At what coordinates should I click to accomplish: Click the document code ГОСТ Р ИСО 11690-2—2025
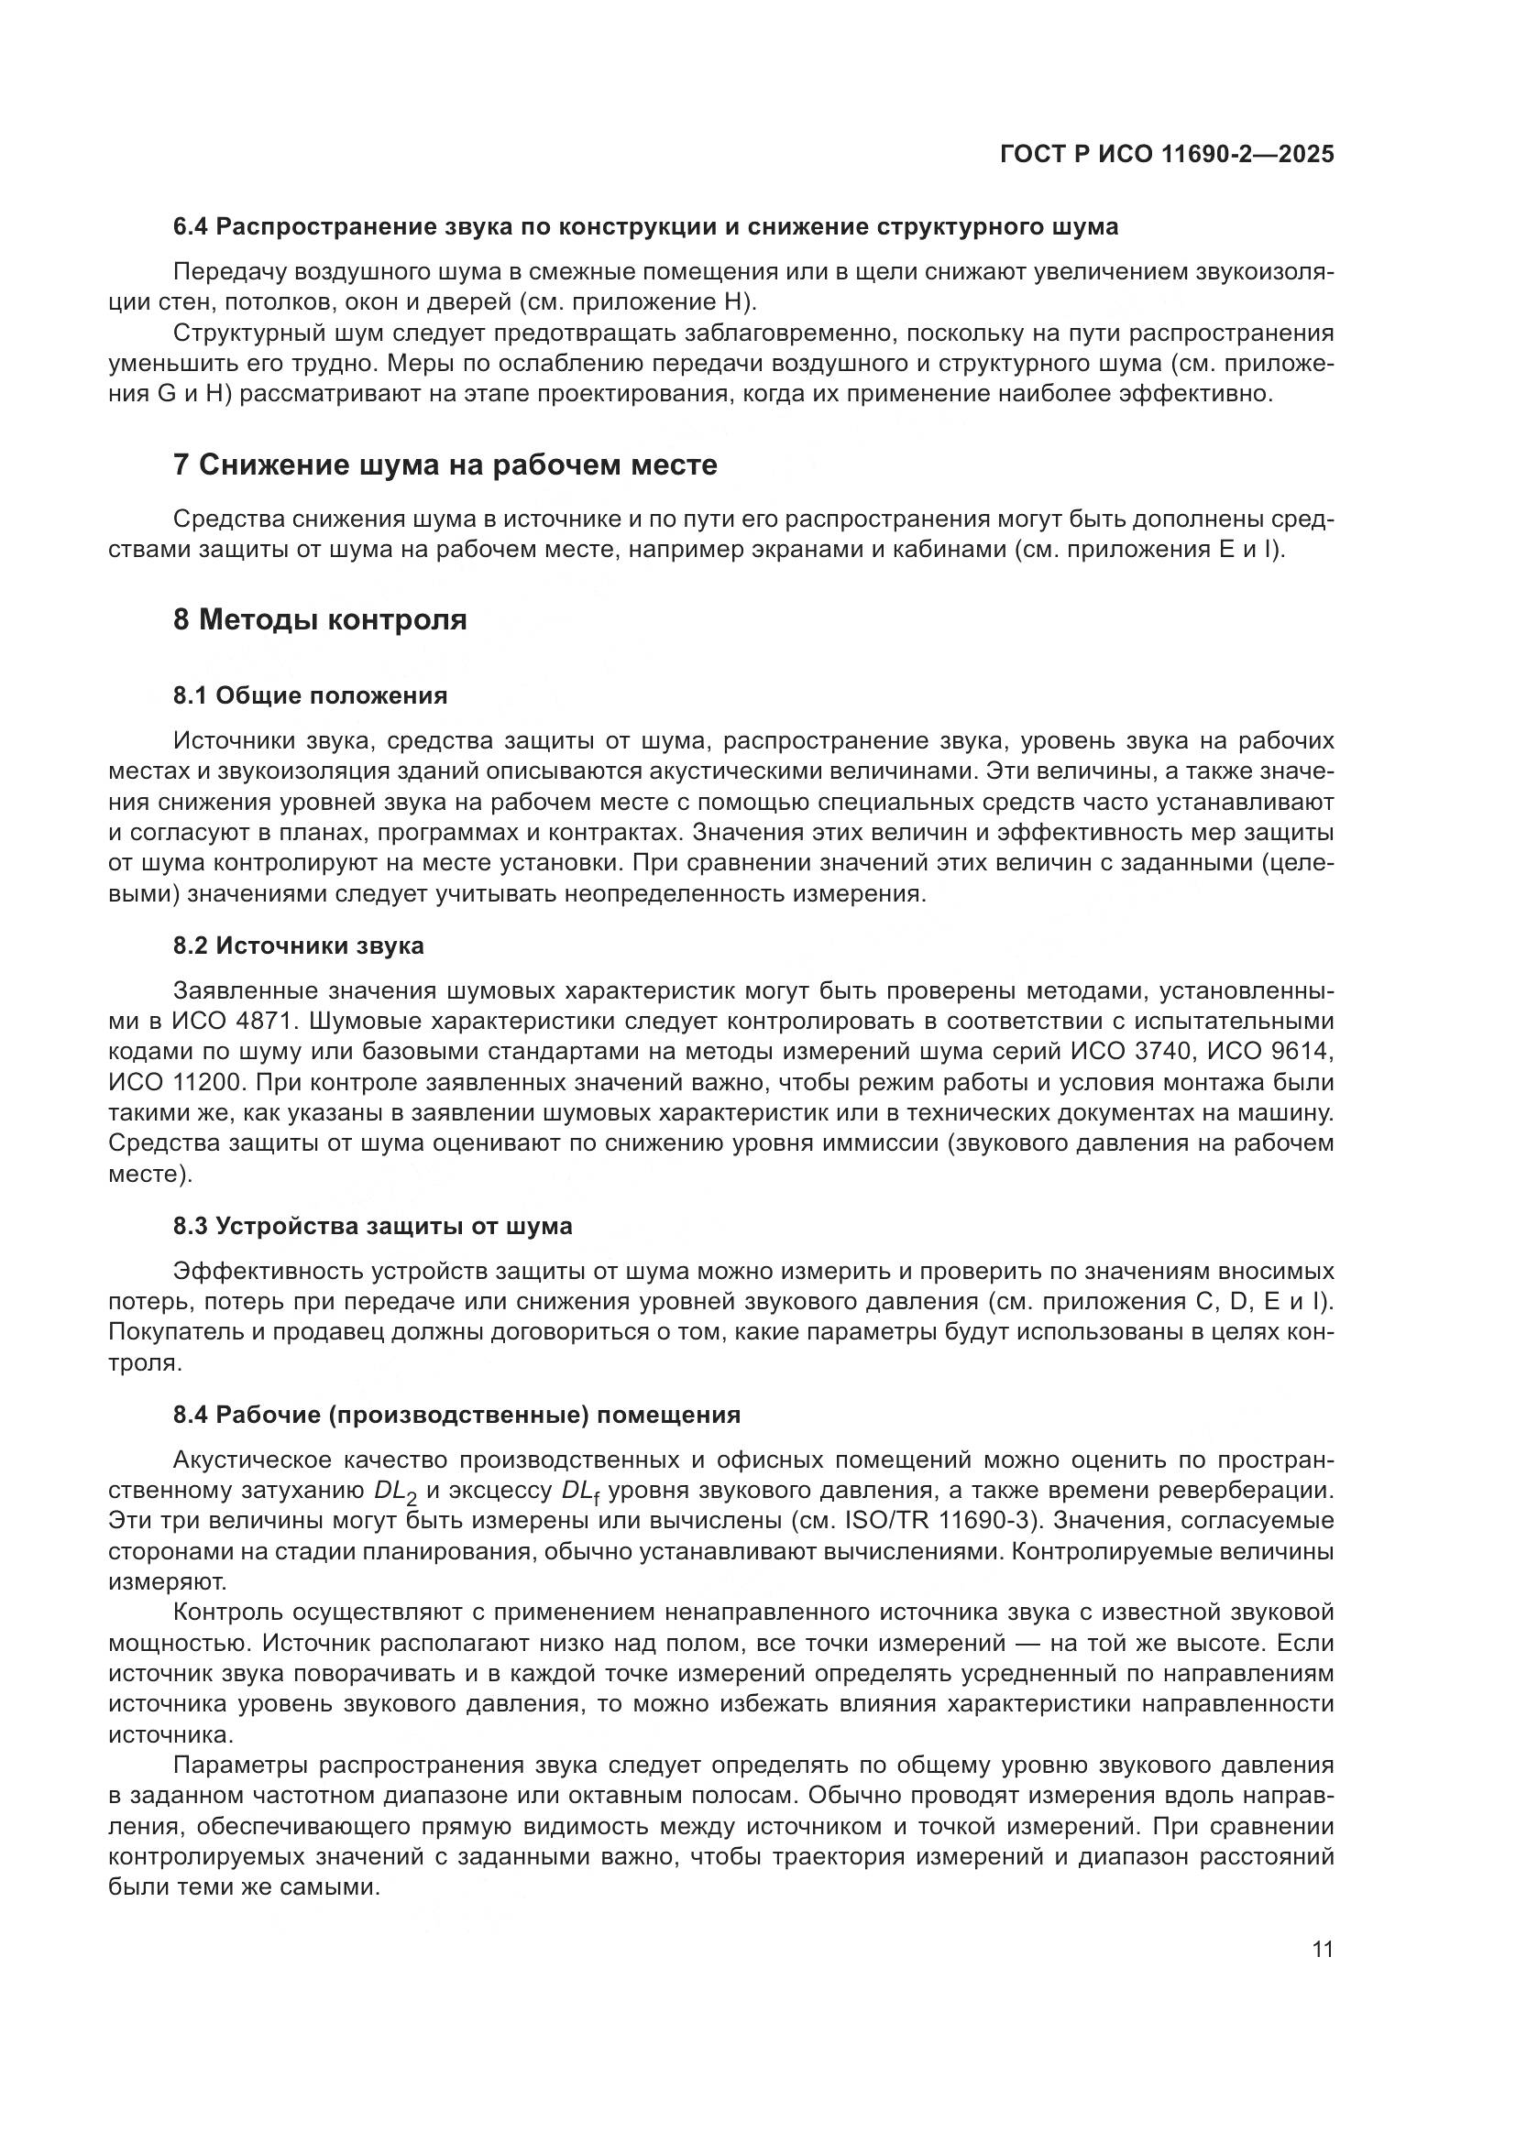click(1166, 155)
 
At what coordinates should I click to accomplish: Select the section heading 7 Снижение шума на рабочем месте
click(445, 465)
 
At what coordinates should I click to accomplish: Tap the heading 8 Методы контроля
click(320, 619)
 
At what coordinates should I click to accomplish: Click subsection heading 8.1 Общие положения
click(310, 695)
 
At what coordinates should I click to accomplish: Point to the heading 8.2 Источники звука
click(299, 946)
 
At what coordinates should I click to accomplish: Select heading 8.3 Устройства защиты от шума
click(372, 1226)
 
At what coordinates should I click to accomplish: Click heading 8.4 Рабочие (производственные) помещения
click(456, 1415)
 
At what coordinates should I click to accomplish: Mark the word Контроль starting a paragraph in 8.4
click(229, 1612)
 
